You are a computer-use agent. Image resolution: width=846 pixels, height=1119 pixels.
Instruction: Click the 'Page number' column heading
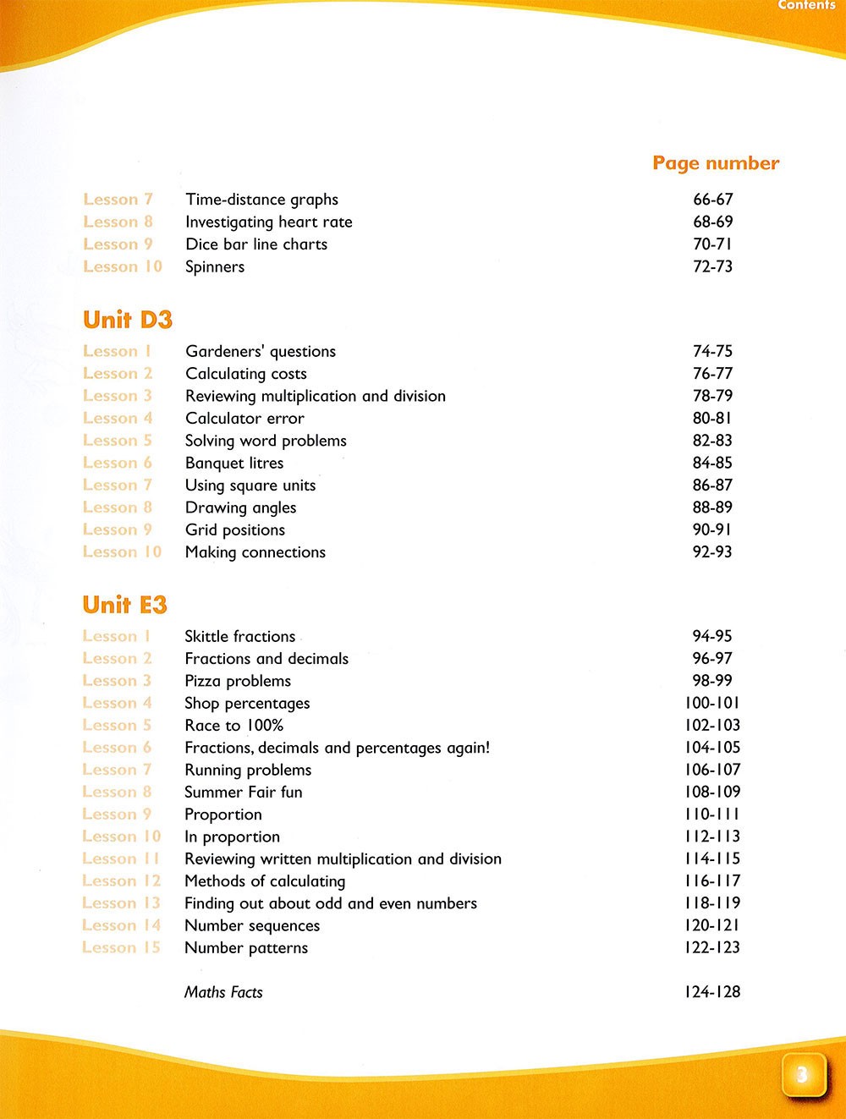pyautogui.click(x=716, y=163)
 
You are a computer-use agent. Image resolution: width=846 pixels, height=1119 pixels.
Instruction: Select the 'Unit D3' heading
pyautogui.click(x=128, y=320)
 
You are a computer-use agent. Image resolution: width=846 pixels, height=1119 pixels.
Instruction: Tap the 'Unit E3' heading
pyautogui.click(x=125, y=605)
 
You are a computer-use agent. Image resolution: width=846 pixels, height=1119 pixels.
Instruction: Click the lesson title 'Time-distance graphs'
pyautogui.click(x=261, y=200)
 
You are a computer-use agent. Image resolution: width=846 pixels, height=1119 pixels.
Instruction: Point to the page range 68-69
pyautogui.click(x=712, y=222)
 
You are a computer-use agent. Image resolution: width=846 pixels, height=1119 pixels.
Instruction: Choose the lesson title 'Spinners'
pyautogui.click(x=215, y=266)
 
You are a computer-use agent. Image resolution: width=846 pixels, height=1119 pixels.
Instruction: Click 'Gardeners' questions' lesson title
pyautogui.click(x=261, y=351)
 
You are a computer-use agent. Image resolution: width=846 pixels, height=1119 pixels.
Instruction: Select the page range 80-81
pyautogui.click(x=712, y=418)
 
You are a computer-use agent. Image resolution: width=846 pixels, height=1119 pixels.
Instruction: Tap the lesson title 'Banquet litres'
pyautogui.click(x=234, y=463)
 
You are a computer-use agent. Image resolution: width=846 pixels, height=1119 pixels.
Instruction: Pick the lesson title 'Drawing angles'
pyautogui.click(x=240, y=507)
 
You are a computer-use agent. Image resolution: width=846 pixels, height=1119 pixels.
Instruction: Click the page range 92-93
pyautogui.click(x=712, y=551)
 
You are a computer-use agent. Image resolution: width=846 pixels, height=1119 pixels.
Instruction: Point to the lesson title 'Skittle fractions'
pyautogui.click(x=240, y=636)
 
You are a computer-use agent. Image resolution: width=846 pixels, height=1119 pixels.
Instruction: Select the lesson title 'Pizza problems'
pyautogui.click(x=238, y=681)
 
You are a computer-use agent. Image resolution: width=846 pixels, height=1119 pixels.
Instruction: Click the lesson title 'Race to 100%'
pyautogui.click(x=233, y=725)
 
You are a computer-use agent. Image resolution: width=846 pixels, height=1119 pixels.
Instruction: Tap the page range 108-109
pyautogui.click(x=712, y=792)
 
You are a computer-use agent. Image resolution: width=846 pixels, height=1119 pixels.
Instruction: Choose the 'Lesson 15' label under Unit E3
pyautogui.click(x=121, y=947)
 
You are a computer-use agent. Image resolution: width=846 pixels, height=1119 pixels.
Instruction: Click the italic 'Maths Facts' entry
pyautogui.click(x=223, y=992)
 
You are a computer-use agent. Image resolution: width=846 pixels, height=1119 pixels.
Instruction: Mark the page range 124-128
pyautogui.click(x=712, y=992)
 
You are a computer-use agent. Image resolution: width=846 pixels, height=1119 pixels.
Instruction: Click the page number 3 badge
pyautogui.click(x=802, y=1075)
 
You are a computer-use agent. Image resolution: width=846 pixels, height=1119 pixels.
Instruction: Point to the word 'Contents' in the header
pyautogui.click(x=806, y=5)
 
